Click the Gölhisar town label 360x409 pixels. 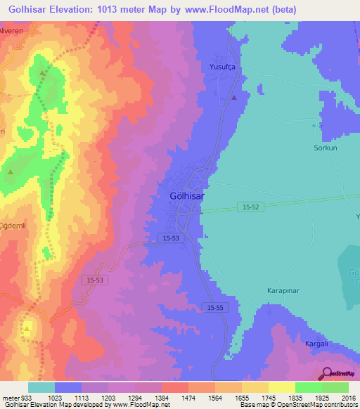click(187, 197)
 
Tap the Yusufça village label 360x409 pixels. click(224, 67)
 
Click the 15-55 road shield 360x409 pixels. click(214, 308)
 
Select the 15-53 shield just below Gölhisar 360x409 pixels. click(171, 239)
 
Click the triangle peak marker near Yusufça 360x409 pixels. click(234, 98)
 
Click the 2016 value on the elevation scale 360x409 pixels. click(349, 398)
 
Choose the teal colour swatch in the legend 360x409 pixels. click(41, 387)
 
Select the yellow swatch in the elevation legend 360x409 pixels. click(281, 387)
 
